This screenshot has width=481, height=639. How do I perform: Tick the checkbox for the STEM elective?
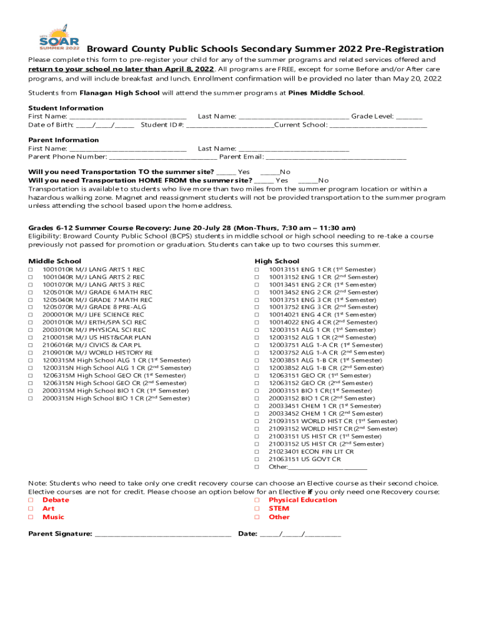(257, 509)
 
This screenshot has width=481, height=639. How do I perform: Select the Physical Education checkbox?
(257, 500)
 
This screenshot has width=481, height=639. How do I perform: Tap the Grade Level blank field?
(409, 117)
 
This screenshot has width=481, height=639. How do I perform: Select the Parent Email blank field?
(336, 157)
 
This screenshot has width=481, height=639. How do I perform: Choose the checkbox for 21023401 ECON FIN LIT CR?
(257, 451)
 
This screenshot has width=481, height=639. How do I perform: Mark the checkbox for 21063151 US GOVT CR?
(257, 459)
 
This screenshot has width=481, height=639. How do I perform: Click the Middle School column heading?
(55, 261)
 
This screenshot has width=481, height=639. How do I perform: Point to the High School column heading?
(277, 261)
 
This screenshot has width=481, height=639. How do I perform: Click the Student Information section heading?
(66, 108)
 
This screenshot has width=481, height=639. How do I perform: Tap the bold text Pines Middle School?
(325, 93)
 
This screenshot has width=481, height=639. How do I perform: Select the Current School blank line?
(378, 125)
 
